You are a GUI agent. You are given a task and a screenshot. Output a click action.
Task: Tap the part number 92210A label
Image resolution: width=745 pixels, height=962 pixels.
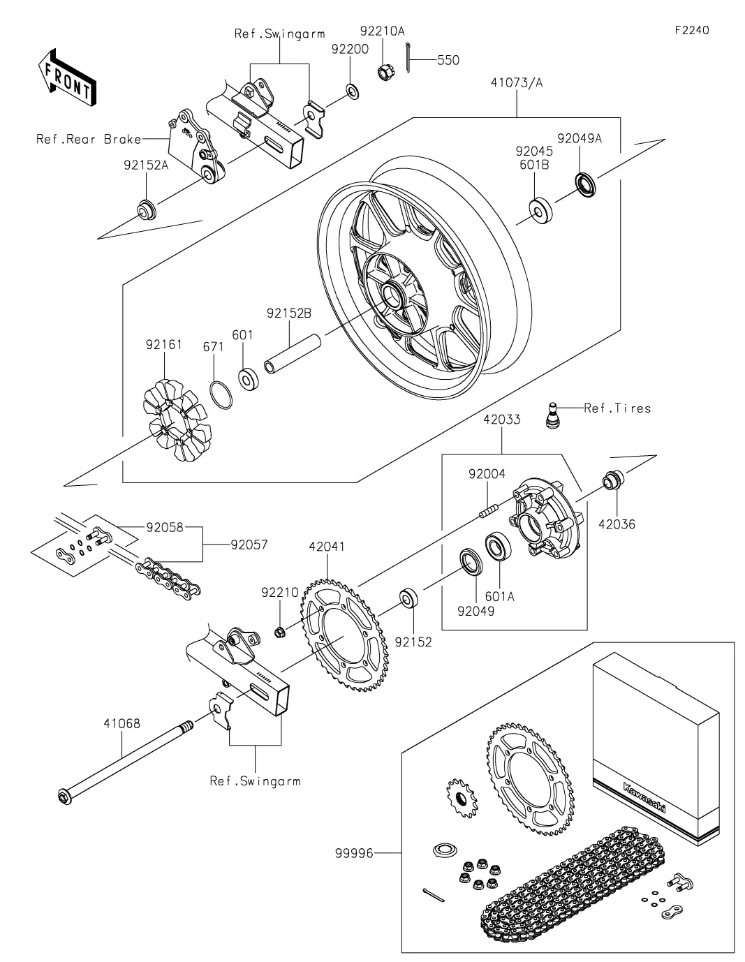tap(382, 31)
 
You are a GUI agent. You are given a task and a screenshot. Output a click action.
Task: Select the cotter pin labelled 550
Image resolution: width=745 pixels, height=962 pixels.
tap(408, 60)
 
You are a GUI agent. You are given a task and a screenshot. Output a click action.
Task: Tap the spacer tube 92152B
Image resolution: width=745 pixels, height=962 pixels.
tap(291, 353)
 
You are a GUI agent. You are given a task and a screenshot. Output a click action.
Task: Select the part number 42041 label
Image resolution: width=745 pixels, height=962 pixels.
tap(327, 547)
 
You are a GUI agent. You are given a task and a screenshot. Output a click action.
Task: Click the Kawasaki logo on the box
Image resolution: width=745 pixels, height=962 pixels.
tap(644, 797)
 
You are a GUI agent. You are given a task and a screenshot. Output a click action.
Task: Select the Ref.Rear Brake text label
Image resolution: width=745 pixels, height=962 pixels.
tap(88, 140)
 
